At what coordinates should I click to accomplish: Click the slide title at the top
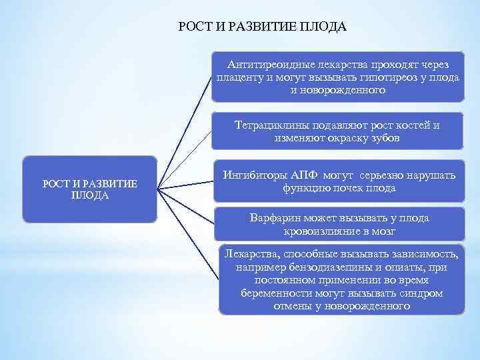click(263, 27)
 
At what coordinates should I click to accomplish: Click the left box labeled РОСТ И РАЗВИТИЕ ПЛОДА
click(90, 189)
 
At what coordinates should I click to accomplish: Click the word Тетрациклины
click(269, 125)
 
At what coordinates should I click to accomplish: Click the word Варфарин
click(275, 218)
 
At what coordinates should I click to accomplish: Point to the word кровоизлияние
click(319, 231)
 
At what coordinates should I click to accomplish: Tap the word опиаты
click(395, 267)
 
